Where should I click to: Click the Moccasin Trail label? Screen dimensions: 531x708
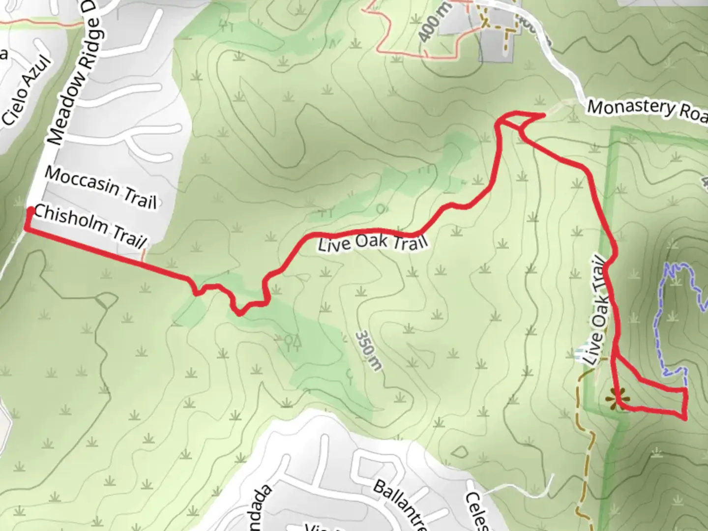pos(101,188)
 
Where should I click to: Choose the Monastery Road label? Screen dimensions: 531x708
pos(647,111)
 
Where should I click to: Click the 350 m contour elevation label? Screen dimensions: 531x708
pos(368,350)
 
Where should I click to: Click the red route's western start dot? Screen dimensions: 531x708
pos(30,211)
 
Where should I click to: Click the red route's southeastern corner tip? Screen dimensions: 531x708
pos(685,418)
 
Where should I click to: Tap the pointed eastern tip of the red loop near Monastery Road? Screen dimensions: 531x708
pos(543,116)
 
